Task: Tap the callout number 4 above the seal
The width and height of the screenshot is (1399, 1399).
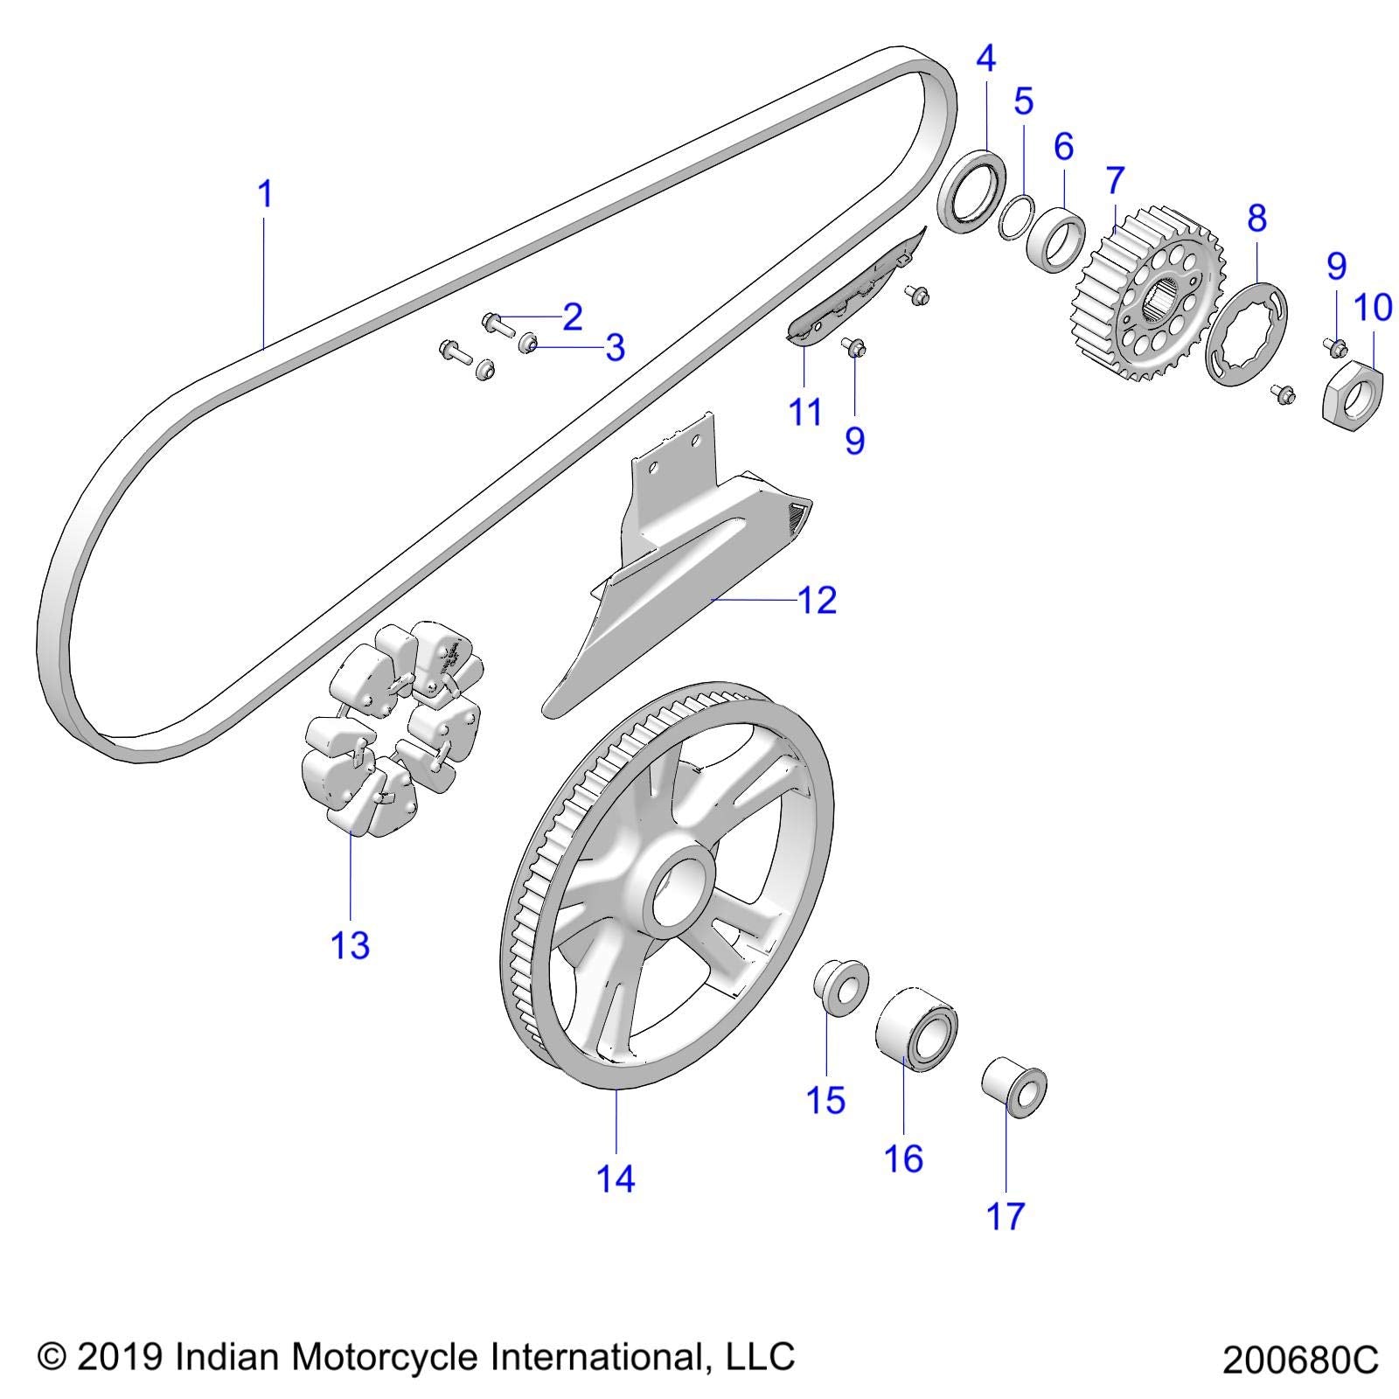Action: (x=985, y=59)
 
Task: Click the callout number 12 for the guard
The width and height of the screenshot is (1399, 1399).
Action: (x=817, y=600)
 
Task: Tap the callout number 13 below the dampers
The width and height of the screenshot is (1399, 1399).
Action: (x=350, y=945)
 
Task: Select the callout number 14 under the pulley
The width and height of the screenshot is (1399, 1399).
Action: (x=616, y=1179)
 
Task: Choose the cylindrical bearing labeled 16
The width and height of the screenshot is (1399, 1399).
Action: (x=916, y=1028)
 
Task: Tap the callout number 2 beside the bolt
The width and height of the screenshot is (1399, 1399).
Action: (x=572, y=317)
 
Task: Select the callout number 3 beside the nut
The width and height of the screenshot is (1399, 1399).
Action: (x=615, y=348)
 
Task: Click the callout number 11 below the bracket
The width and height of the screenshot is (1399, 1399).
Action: (x=804, y=411)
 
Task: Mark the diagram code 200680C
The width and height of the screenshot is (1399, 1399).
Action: (x=1299, y=1361)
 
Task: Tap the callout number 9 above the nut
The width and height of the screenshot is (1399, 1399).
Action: (x=1336, y=266)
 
